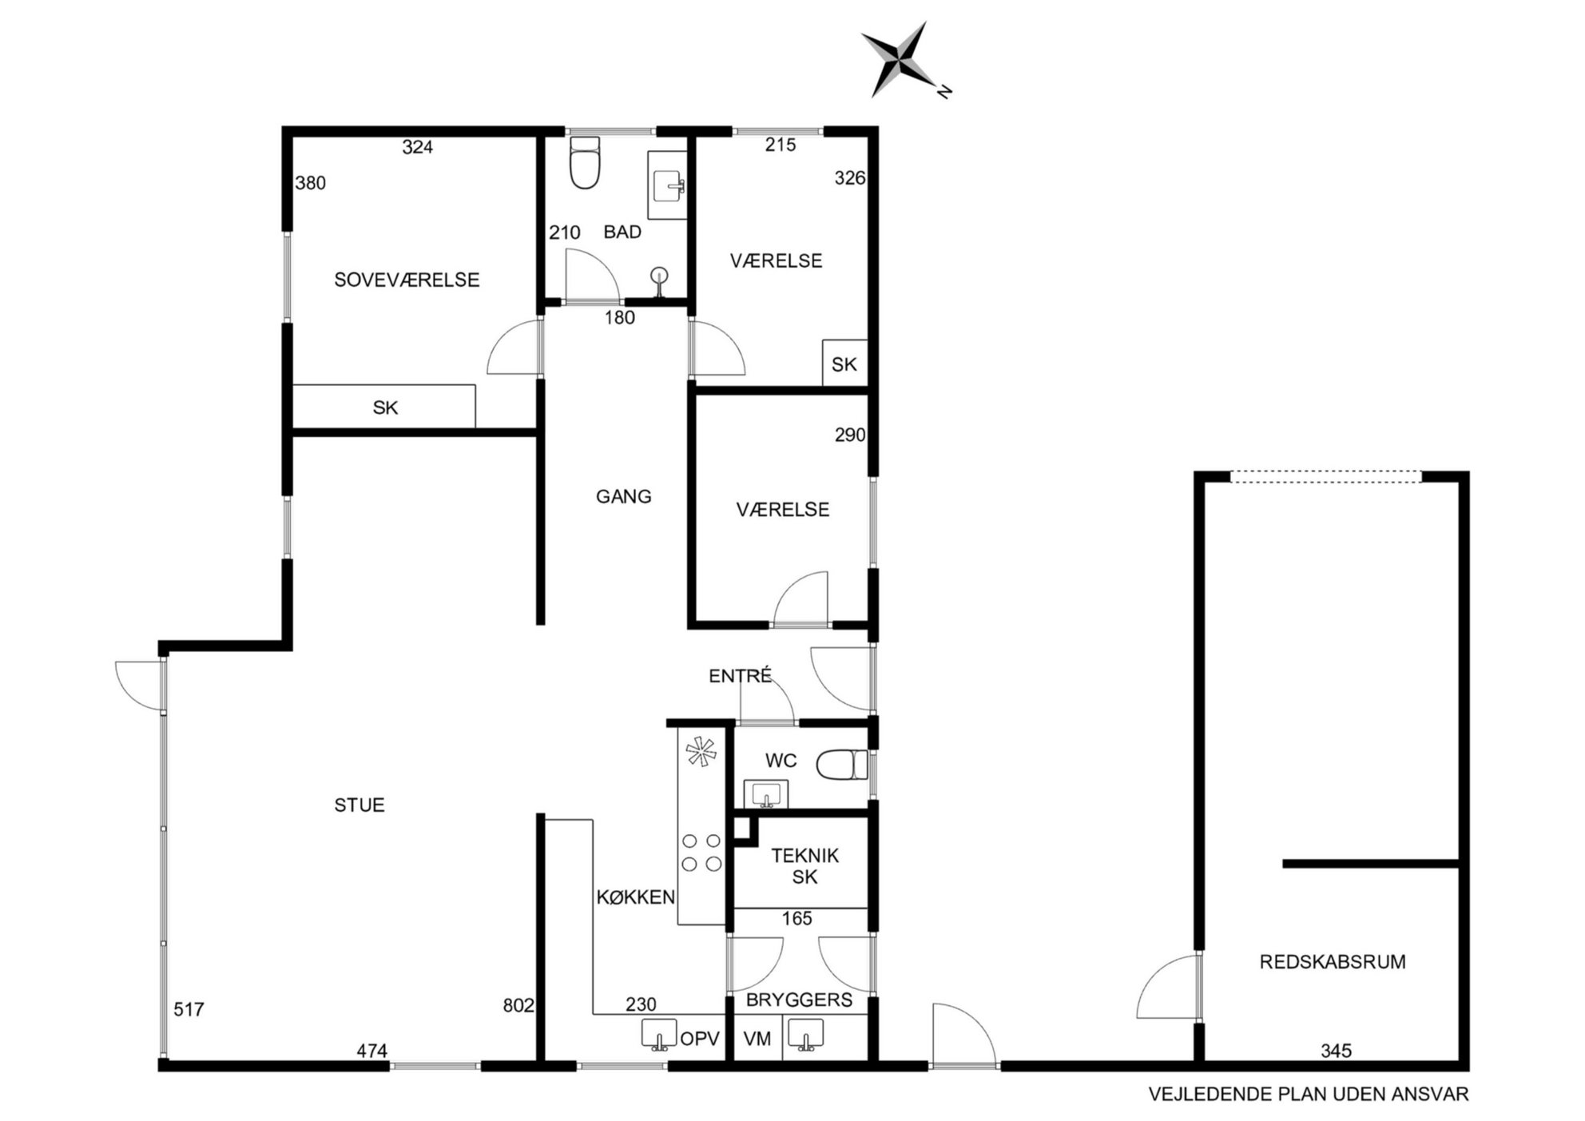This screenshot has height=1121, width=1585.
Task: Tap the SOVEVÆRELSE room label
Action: point(407,280)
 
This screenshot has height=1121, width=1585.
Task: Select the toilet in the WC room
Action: point(842,765)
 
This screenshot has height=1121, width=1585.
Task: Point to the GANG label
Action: point(624,496)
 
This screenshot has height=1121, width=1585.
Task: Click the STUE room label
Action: point(360,805)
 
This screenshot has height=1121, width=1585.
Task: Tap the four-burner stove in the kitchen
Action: point(701,852)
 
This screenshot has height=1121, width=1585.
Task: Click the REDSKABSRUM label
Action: point(1333,962)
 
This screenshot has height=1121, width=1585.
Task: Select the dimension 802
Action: point(518,1005)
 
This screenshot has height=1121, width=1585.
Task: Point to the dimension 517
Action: point(189,1009)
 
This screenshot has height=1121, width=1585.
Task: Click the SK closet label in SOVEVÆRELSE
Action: point(385,407)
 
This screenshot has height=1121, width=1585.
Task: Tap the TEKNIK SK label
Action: point(804,866)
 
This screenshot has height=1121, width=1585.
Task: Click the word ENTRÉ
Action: point(741,675)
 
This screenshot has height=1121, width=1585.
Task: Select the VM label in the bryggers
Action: point(757,1039)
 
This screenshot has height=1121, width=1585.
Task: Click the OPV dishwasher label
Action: point(700,1039)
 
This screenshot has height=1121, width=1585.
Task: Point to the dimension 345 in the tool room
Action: point(1336,1051)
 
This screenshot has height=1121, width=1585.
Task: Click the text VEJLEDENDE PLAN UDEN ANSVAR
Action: point(1309,1094)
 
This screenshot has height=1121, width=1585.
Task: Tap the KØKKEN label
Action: point(636,897)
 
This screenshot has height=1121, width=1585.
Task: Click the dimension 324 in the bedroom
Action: point(418,147)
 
